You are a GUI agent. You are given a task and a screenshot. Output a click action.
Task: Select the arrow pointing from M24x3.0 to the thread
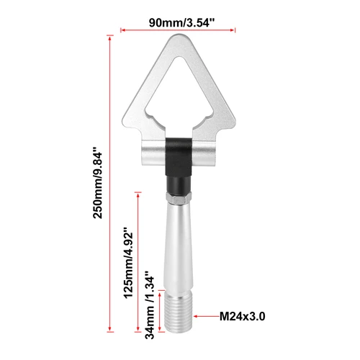[x=208, y=315]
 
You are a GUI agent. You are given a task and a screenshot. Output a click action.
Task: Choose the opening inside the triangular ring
[x=178, y=94]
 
